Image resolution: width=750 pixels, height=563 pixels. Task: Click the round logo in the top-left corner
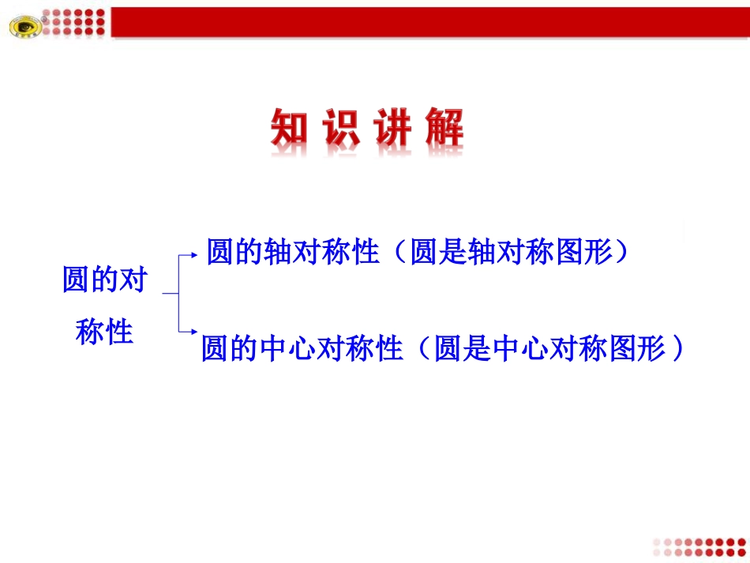coord(23,26)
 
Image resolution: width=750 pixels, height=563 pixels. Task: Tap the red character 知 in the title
coord(289,128)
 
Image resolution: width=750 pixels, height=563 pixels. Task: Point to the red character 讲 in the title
coord(392,128)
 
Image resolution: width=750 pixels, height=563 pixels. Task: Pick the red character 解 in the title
coord(444,128)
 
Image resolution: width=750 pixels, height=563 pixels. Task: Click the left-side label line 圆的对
coord(105,280)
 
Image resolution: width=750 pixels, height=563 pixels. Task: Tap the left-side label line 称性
coord(104,331)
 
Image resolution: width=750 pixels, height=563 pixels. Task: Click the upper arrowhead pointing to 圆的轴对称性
coord(193,255)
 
